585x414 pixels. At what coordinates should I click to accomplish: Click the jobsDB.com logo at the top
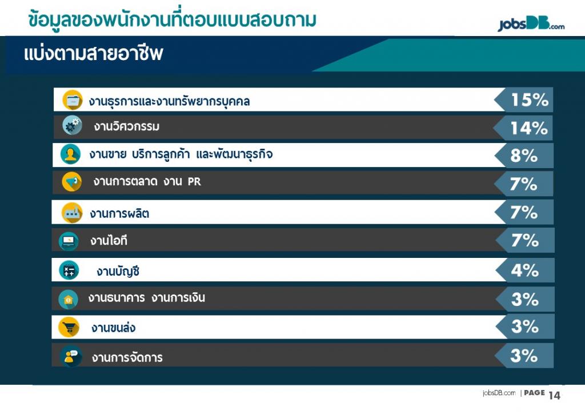531,25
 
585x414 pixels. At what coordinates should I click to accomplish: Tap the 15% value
530,99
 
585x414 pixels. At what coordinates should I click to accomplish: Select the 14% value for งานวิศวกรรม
529,128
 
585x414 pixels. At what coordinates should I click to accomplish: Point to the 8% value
524,156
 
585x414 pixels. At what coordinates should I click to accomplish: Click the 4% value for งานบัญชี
524,270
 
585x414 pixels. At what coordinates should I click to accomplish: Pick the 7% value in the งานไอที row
524,240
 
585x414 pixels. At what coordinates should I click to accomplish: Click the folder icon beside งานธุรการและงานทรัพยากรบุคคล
73,100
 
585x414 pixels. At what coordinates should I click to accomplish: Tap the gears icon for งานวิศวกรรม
72,125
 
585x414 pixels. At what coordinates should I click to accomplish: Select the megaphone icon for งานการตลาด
71,182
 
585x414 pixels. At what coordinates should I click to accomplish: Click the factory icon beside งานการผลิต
72,213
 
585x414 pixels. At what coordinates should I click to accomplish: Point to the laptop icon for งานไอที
69,241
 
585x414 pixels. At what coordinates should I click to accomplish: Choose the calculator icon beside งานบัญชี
69,270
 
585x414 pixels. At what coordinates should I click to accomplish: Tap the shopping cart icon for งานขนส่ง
69,327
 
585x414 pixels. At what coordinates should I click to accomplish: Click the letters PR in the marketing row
194,182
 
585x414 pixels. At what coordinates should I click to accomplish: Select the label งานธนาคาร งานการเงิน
147,298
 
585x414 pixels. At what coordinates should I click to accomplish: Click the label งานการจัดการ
127,357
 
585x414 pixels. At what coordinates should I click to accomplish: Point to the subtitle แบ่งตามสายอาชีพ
93,54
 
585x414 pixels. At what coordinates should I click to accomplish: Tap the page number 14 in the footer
554,395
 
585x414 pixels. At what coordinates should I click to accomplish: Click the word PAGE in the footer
534,393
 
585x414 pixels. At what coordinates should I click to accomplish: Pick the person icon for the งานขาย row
70,154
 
